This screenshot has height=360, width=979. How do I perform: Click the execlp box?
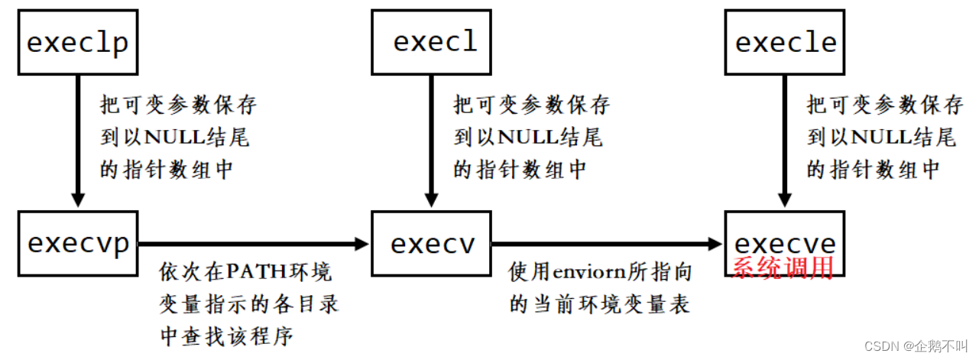(77, 43)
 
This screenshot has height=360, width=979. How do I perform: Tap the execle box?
(785, 43)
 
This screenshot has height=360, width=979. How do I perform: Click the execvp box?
(77, 244)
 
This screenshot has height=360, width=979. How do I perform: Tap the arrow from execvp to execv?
(252, 244)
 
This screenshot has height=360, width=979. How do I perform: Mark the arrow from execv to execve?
(608, 244)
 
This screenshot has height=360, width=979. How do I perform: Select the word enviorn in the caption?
(589, 271)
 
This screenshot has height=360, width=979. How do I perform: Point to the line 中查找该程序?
(227, 337)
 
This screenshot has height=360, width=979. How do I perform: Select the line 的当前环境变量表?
(600, 304)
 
